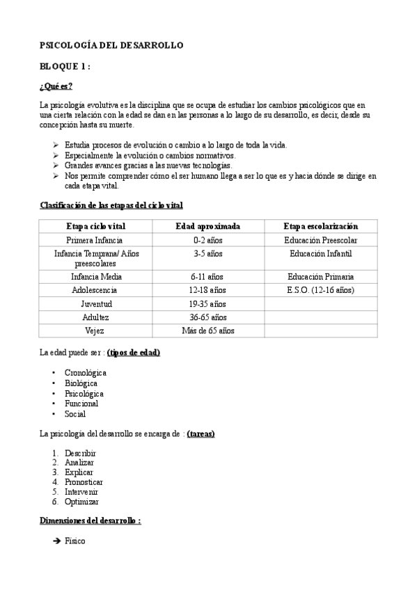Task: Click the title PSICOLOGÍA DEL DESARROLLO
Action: (x=111, y=45)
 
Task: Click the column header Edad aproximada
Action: (x=207, y=226)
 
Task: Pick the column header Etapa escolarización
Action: (x=321, y=226)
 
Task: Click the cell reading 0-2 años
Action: (x=207, y=240)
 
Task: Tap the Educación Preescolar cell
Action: (x=321, y=240)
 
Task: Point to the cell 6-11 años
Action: (x=207, y=276)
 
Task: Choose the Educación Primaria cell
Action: (x=321, y=276)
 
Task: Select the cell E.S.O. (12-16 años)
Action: (x=321, y=290)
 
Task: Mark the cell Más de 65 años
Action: (x=207, y=330)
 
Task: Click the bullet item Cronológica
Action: (x=85, y=373)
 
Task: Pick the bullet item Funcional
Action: (x=81, y=404)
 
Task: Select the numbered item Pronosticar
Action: (x=84, y=481)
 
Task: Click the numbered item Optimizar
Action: (x=81, y=502)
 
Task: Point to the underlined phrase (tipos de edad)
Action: (x=134, y=353)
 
